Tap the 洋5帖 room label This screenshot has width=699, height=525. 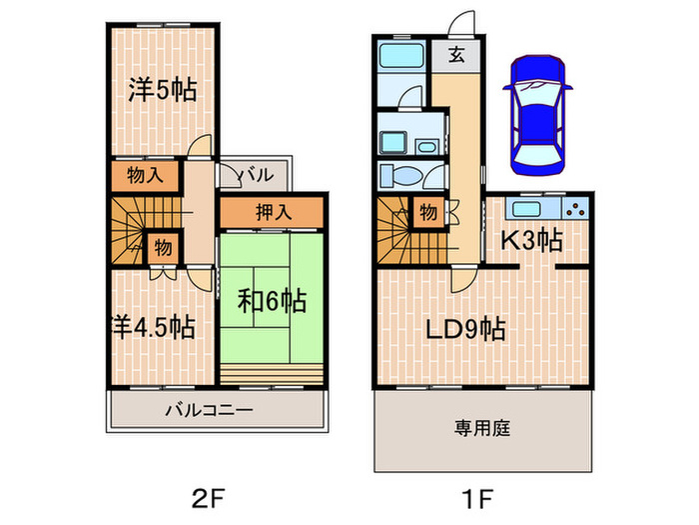pos(162,89)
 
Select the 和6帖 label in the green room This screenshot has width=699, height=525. pos(271,299)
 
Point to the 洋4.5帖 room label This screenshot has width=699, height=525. pos(153,327)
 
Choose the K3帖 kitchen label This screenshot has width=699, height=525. pos(531,240)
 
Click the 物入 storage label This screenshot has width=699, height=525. pos(143,176)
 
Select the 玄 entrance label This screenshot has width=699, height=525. pos(455,56)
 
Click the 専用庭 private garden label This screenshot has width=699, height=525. pos(483,428)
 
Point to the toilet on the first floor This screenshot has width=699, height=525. pos(401,176)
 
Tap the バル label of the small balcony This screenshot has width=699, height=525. pos(256,175)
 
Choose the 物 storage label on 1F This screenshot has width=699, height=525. pos(427,212)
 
